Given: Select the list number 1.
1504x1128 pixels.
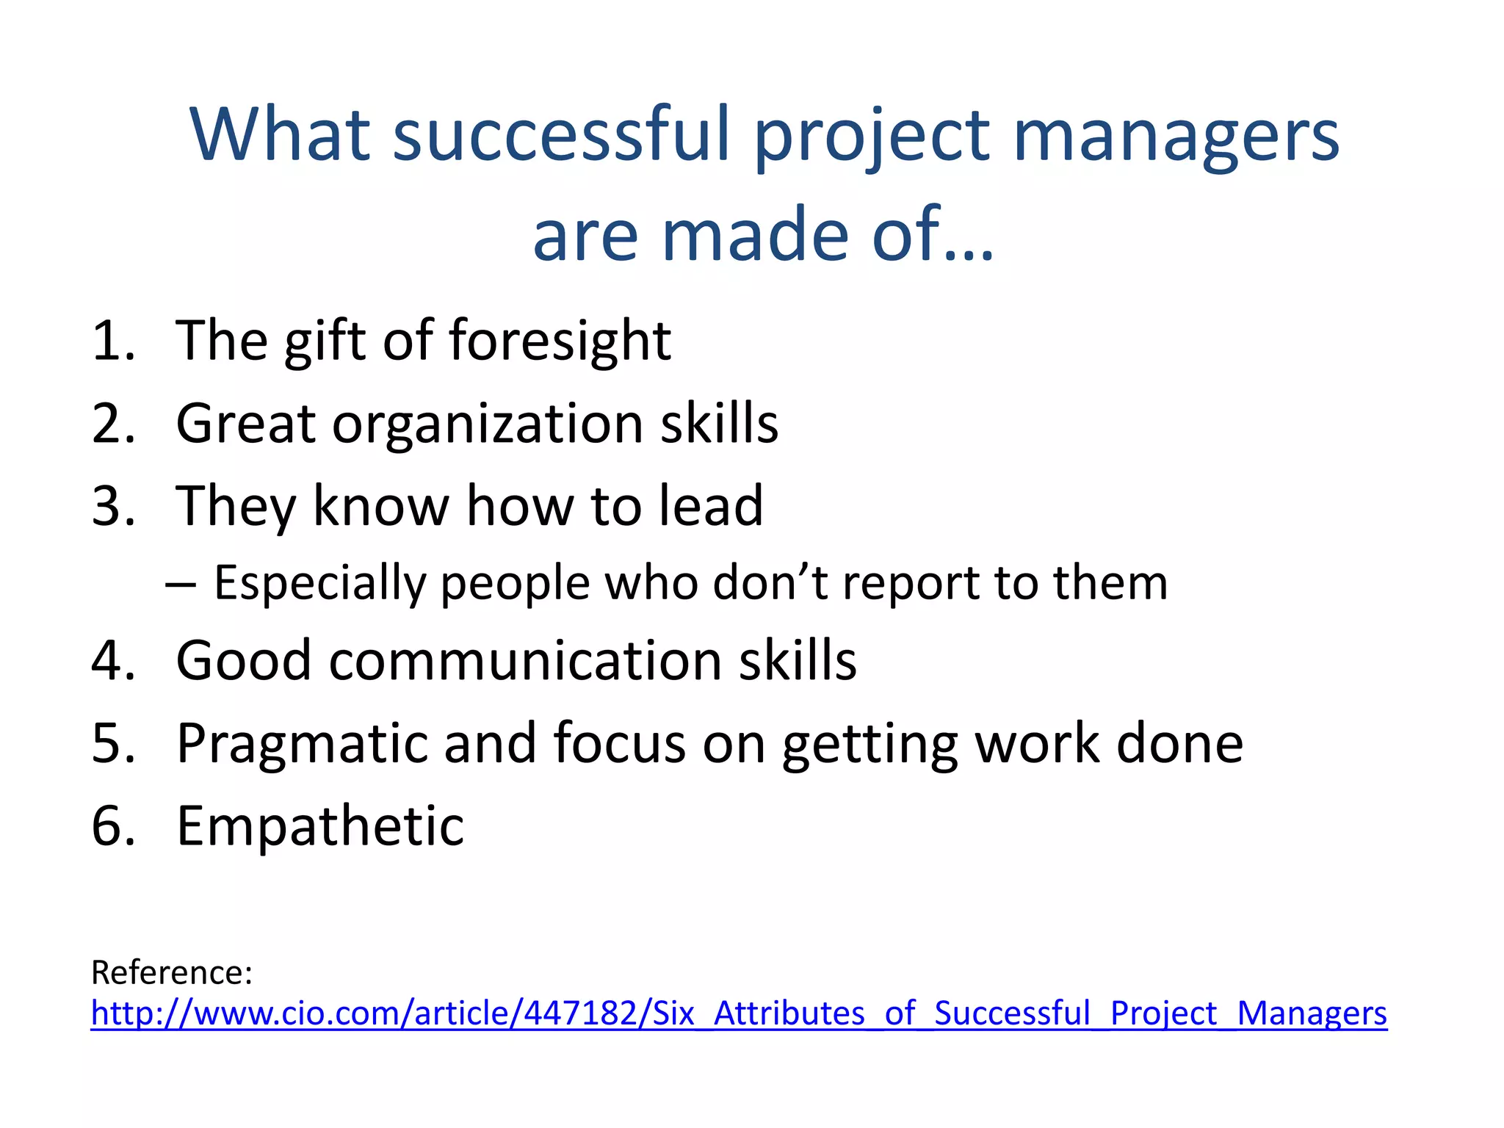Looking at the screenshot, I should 112,341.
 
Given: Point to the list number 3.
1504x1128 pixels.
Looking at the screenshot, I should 112,507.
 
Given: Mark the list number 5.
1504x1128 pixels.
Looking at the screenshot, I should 112,744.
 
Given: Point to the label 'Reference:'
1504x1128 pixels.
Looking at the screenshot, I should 172,973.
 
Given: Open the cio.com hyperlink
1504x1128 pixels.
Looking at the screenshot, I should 738,1014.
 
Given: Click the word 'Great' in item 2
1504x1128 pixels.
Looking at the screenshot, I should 245,424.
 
